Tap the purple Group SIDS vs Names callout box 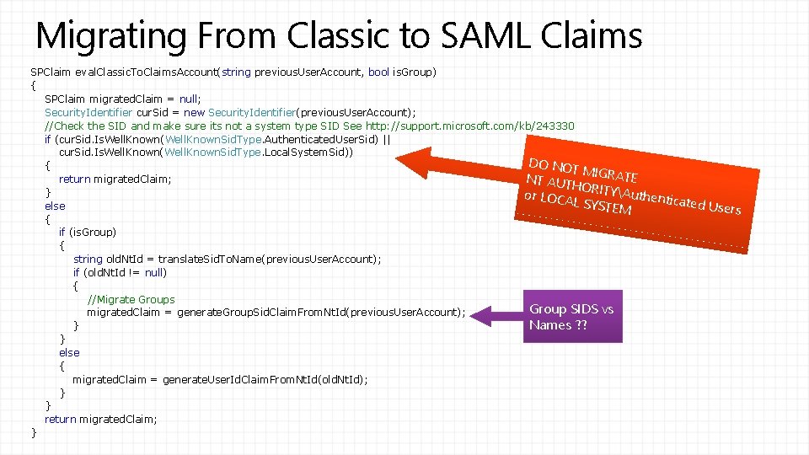(x=571, y=317)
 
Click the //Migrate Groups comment (x=131, y=299)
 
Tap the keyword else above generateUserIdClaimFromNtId (x=69, y=352)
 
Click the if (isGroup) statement (x=88, y=232)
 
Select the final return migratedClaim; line (x=100, y=419)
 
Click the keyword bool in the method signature (x=378, y=72)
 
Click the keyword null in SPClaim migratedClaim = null (x=190, y=99)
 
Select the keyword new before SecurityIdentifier (x=193, y=112)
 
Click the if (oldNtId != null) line (x=120, y=272)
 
